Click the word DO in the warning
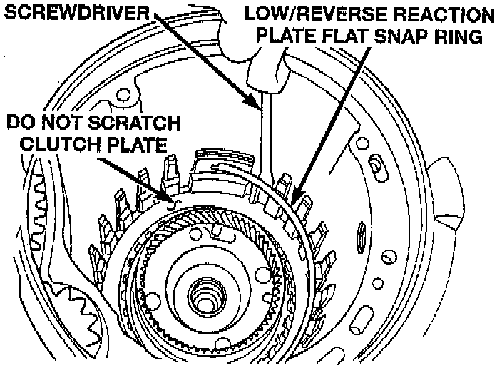point(21,122)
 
